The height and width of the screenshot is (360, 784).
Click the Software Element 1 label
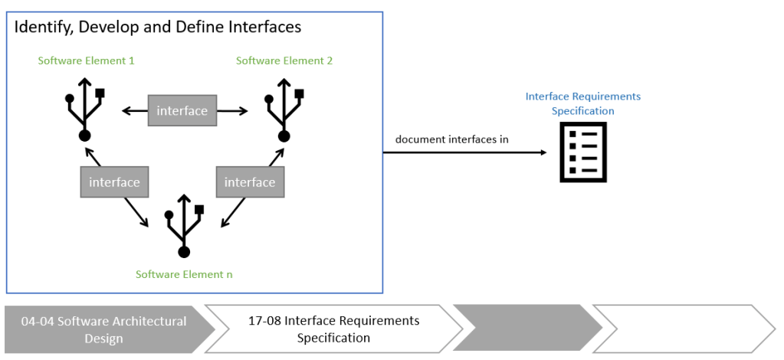[86, 61]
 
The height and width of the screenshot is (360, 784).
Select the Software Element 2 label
[284, 61]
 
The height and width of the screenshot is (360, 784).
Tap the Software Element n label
[184, 274]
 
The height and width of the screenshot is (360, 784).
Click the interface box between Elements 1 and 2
[182, 111]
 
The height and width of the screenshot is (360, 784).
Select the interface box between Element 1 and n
[114, 182]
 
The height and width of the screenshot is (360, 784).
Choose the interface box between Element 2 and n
[250, 182]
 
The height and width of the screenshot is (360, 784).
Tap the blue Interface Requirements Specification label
[582, 103]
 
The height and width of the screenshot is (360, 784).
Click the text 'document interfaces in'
[452, 139]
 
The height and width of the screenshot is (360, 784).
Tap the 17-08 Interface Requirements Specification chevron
[333, 329]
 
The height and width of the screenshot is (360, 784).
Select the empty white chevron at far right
[682, 329]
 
